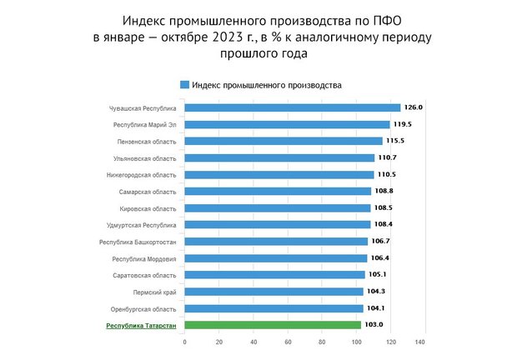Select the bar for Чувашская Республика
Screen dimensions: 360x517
[x=292, y=107]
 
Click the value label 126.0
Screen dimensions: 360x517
[x=414, y=107]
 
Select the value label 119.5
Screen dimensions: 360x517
[x=404, y=124]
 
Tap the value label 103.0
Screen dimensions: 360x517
[x=374, y=325]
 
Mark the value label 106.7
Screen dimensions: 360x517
[x=381, y=241]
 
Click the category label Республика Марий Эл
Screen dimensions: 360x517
[x=144, y=124]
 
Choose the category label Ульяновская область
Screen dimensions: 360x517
[x=144, y=157]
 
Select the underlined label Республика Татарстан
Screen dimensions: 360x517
[x=141, y=325]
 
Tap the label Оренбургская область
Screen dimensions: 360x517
[x=143, y=308]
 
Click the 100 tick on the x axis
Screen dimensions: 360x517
[x=357, y=342]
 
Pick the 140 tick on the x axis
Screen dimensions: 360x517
[x=426, y=342]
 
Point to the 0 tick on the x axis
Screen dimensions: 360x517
[x=184, y=342]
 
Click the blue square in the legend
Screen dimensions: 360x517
[x=184, y=85]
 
